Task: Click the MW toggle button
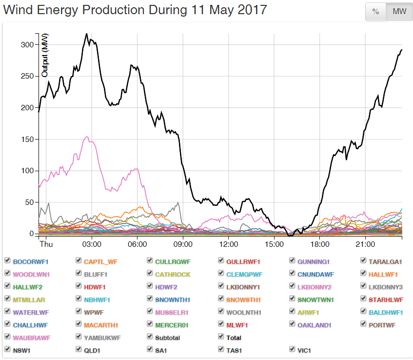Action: pyautogui.click(x=399, y=12)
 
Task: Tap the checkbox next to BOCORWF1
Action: pyautogui.click(x=8, y=260)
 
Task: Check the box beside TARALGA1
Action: pyautogui.click(x=364, y=260)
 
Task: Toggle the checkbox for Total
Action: pyautogui.click(x=221, y=337)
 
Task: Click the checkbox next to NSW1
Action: pyautogui.click(x=8, y=349)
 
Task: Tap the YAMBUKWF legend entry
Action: pyautogui.click(x=102, y=338)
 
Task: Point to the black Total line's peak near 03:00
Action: pyautogui.click(x=86, y=34)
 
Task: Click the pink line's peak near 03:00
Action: pyautogui.click(x=87, y=137)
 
